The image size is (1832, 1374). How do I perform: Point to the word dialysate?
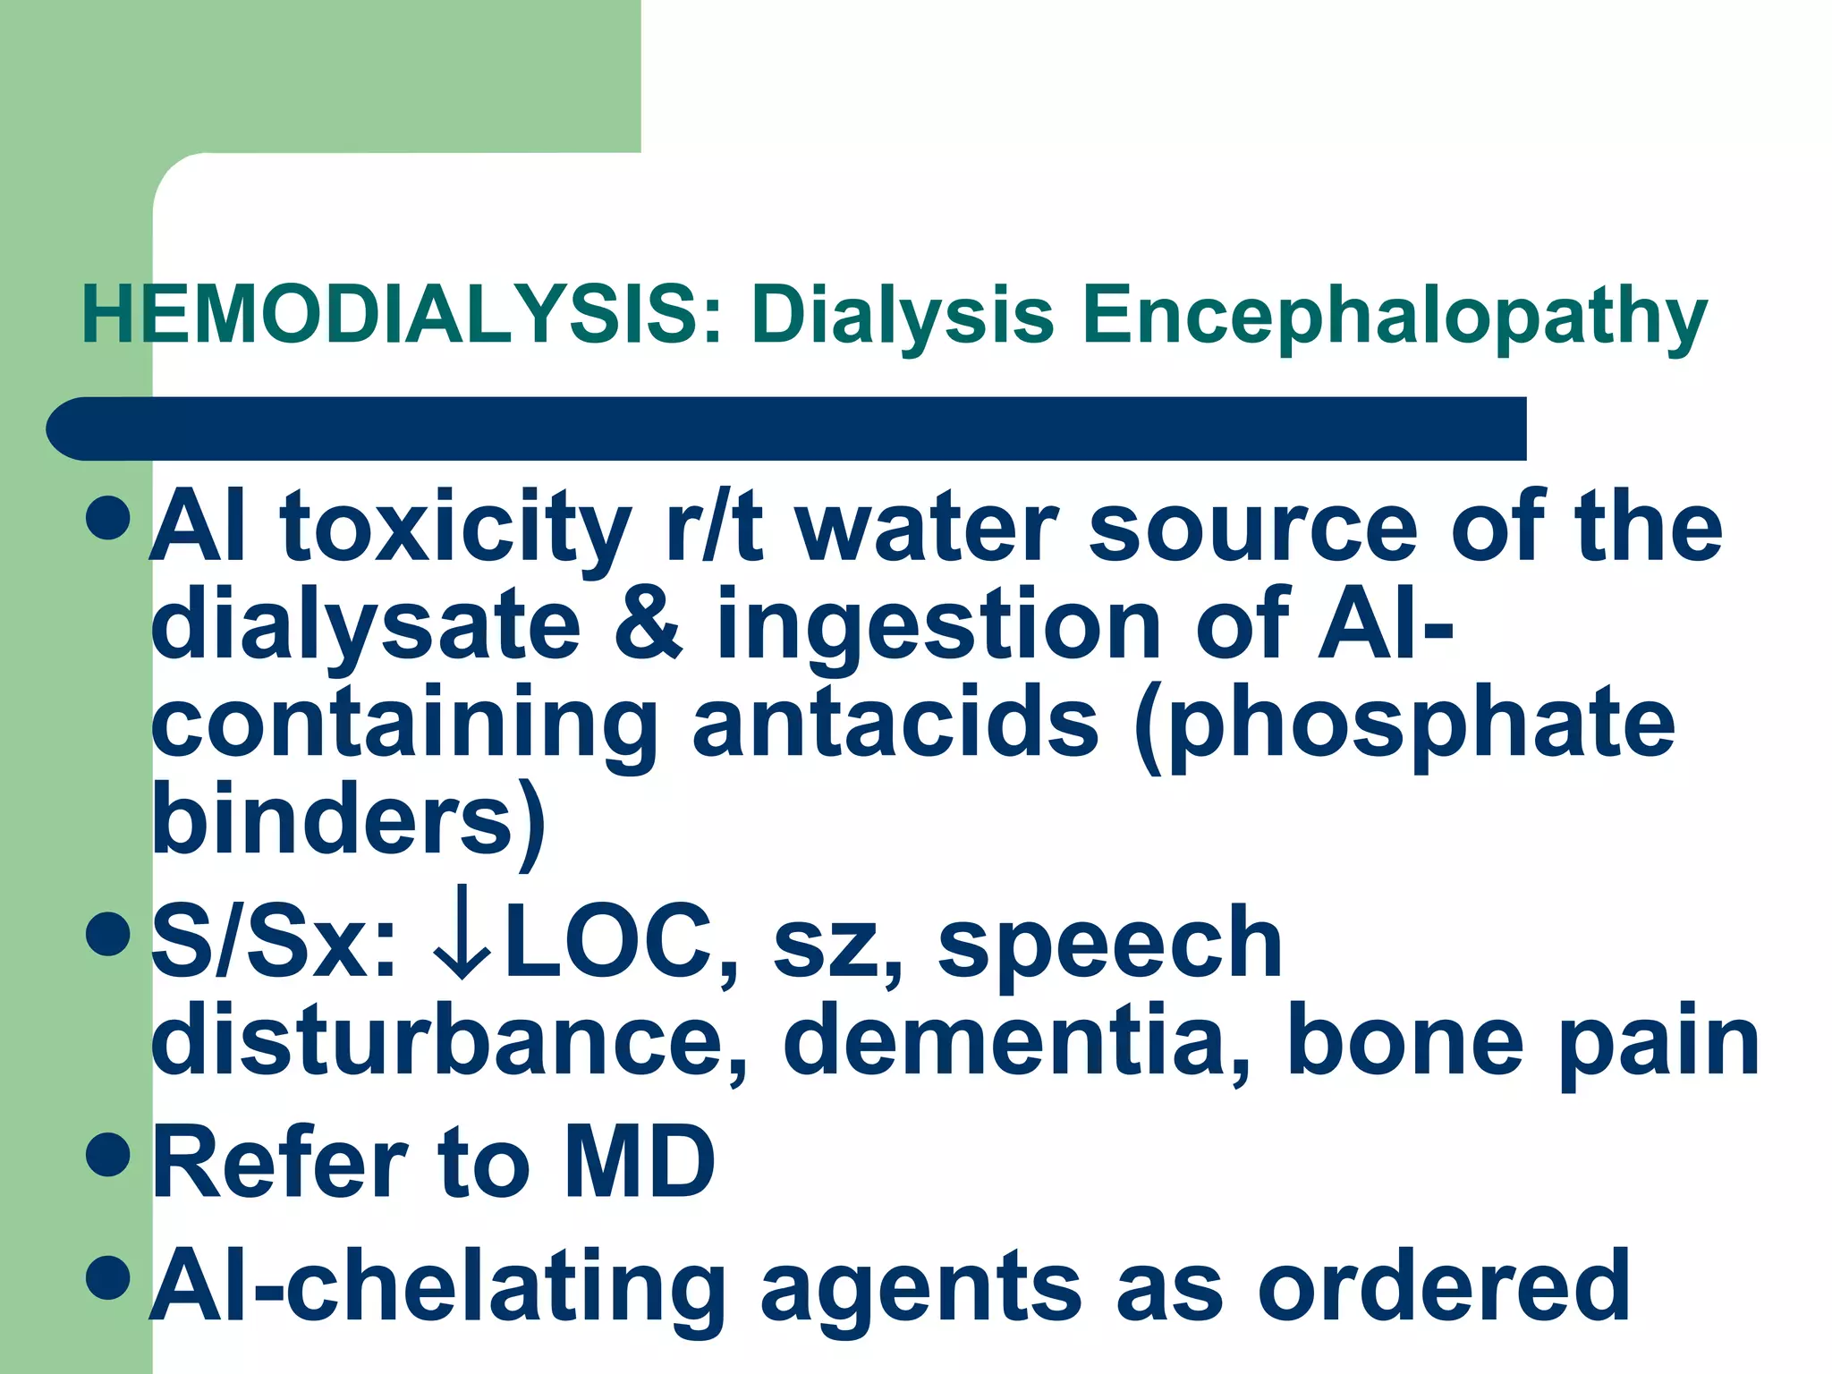[x=367, y=626]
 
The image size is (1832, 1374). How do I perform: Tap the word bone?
[x=1404, y=1041]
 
